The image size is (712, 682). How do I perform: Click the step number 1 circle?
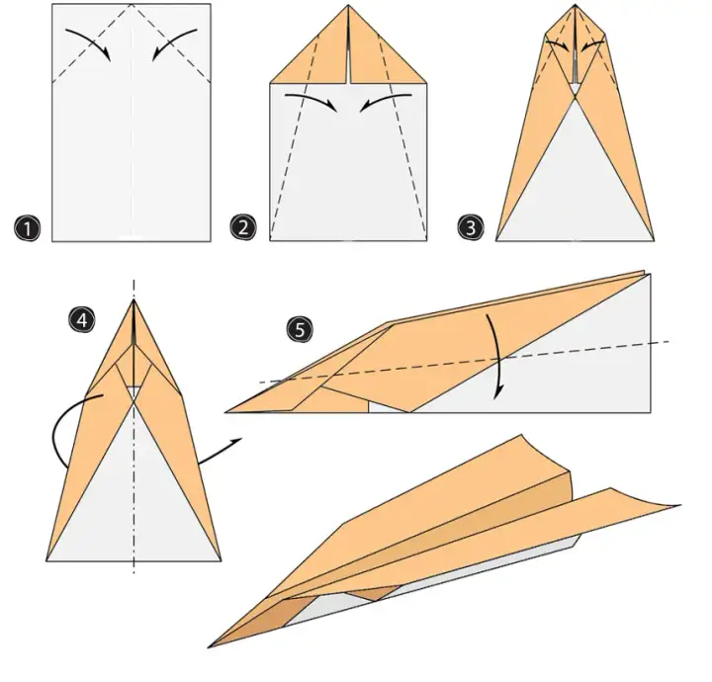click(x=27, y=228)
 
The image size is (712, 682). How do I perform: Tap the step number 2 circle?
click(x=243, y=227)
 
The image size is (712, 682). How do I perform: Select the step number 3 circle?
click(x=471, y=227)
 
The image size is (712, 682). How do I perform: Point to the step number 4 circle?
click(x=82, y=319)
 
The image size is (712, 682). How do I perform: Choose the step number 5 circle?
click(x=300, y=329)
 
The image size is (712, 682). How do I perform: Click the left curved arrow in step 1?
click(x=91, y=41)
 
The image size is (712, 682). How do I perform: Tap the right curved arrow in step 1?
click(x=172, y=41)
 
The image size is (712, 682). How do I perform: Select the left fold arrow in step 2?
click(x=313, y=99)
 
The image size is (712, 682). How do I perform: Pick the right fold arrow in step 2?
click(x=384, y=99)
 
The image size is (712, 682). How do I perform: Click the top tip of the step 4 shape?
click(x=133, y=299)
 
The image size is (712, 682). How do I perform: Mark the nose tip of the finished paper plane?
click(x=208, y=647)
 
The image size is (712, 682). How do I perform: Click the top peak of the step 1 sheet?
click(x=132, y=4)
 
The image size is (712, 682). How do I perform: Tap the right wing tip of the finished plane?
click(x=680, y=505)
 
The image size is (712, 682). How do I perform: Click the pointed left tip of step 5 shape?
click(x=225, y=412)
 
